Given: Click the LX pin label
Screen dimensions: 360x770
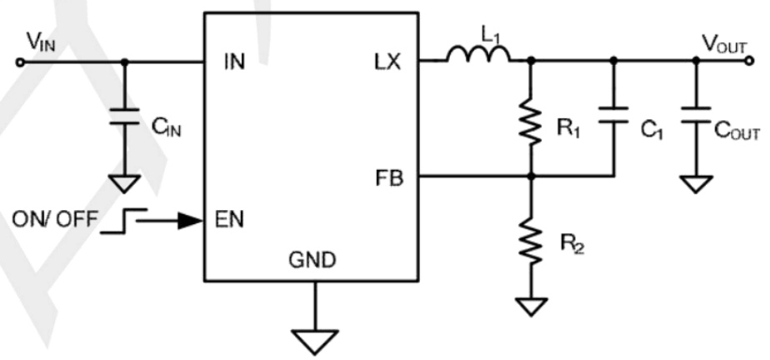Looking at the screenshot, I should (x=387, y=62).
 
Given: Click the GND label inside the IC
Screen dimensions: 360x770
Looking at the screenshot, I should (x=313, y=261).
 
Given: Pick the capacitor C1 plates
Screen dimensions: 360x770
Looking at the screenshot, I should (x=614, y=117).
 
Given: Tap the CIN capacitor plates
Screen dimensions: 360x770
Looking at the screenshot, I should (x=125, y=117).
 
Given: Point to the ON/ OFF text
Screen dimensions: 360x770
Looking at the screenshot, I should (x=55, y=222).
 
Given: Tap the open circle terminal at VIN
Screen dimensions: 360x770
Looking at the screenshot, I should (x=21, y=62).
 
